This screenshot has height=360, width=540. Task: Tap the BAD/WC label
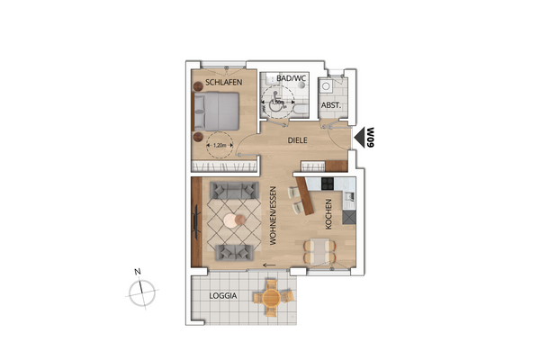pyautogui.click(x=291, y=79)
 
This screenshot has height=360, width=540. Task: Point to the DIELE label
pyautogui.click(x=298, y=141)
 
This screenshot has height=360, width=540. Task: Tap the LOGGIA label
pyautogui.click(x=223, y=295)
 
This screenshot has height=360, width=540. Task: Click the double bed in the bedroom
pyautogui.click(x=216, y=112)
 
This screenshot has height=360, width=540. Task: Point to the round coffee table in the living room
pyautogui.click(x=233, y=220)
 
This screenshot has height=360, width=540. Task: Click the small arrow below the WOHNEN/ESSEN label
pyautogui.click(x=268, y=265)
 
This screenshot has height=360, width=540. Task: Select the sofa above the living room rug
pyautogui.click(x=231, y=191)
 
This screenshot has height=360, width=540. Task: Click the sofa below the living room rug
pyautogui.click(x=231, y=252)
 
